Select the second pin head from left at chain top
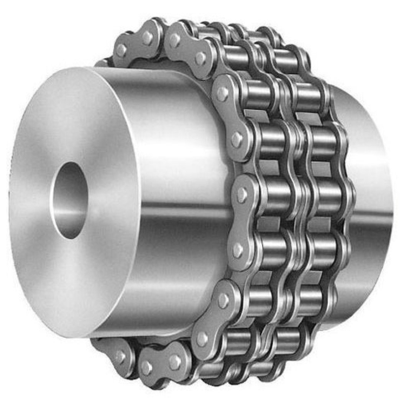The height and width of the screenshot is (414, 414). (x=148, y=37)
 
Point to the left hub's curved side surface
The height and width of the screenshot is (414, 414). (x=180, y=192)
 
